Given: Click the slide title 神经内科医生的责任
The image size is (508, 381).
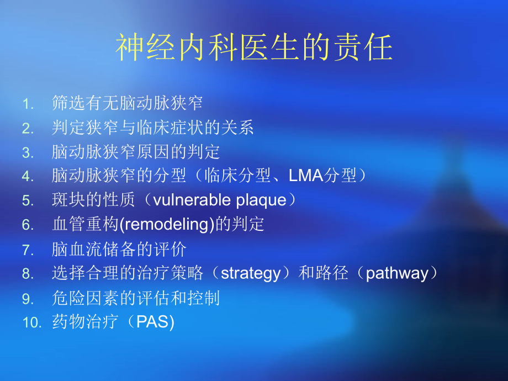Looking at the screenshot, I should point(254,49).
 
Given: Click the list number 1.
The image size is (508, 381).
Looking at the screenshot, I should point(28,103).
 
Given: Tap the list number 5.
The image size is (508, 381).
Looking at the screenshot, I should point(28,200).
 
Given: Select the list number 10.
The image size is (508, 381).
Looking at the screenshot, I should point(32,322).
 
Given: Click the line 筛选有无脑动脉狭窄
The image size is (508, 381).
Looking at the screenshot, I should point(127,103).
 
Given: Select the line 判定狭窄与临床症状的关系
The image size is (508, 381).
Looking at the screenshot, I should point(152,128).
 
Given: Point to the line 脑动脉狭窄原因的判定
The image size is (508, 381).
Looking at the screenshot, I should point(135,152).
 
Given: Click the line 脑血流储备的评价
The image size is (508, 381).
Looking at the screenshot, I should point(119,249).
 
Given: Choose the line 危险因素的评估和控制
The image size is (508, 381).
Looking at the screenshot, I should point(135,298).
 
